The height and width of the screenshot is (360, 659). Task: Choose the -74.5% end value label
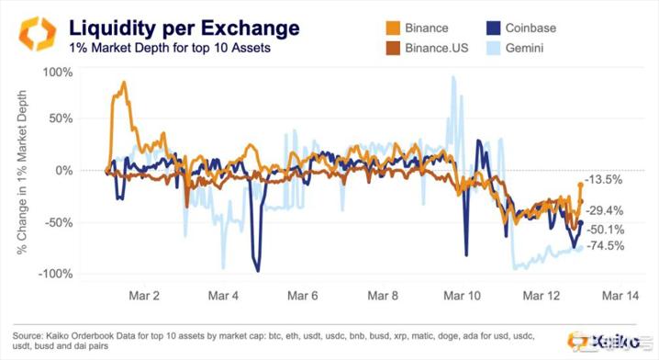point(606,245)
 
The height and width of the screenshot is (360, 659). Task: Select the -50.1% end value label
point(606,229)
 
